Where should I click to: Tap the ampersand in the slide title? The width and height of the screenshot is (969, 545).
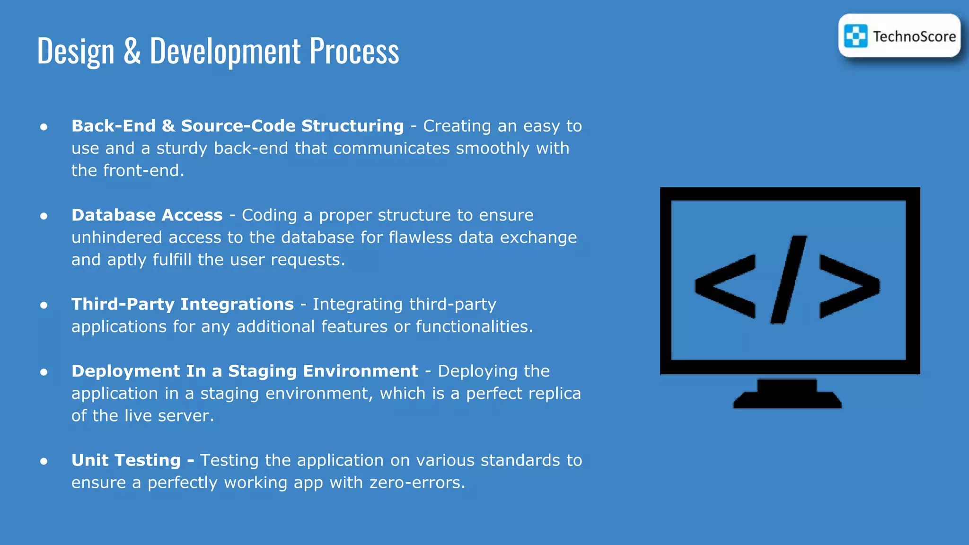pos(132,51)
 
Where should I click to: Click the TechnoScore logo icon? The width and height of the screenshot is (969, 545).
pos(856,36)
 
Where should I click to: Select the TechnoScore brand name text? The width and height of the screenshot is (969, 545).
pos(914,36)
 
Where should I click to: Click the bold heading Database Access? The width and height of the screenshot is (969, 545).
pos(147,215)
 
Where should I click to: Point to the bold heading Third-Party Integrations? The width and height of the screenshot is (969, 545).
pos(183,304)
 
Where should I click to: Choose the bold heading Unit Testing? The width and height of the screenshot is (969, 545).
pos(126,460)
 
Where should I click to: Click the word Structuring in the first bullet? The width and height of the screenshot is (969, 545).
pos(352,126)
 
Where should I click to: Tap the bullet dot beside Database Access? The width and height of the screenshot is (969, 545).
pos(44,216)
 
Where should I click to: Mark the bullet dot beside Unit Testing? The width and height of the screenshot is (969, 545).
pos(44,461)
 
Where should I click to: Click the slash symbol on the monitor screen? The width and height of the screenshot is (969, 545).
pos(789,280)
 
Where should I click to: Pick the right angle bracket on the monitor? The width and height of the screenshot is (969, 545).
pos(850,286)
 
